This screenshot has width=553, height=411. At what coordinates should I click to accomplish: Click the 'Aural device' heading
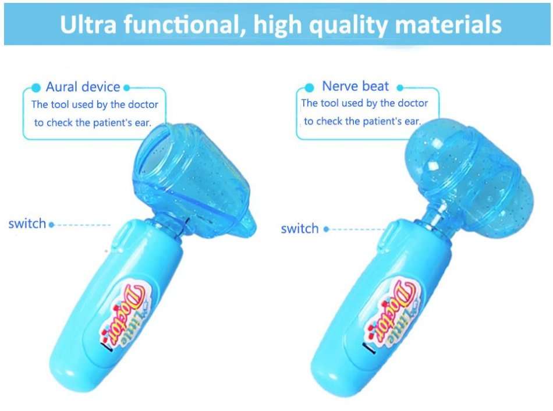tap(83, 87)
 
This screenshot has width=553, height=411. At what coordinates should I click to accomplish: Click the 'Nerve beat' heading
tap(356, 87)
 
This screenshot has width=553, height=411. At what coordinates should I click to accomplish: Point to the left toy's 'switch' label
tap(27, 224)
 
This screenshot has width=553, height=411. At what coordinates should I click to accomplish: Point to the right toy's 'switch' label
tap(300, 229)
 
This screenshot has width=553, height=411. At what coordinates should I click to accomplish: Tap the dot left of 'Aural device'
tap(36, 88)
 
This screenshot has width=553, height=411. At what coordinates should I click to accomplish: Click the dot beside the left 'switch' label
tap(52, 225)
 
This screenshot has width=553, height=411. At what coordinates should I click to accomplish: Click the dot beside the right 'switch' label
tap(326, 229)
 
